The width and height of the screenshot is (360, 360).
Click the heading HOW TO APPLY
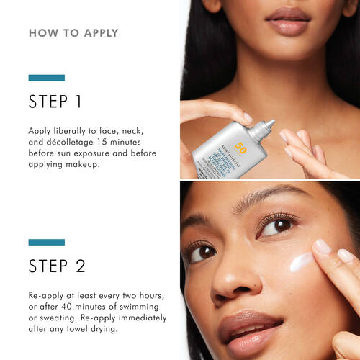(x=73, y=33)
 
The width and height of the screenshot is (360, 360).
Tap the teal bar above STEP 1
(x=46, y=78)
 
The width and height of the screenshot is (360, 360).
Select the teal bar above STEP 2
(x=46, y=243)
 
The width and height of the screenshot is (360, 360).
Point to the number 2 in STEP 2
(x=78, y=266)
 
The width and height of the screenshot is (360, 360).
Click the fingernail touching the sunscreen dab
(x=322, y=247)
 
